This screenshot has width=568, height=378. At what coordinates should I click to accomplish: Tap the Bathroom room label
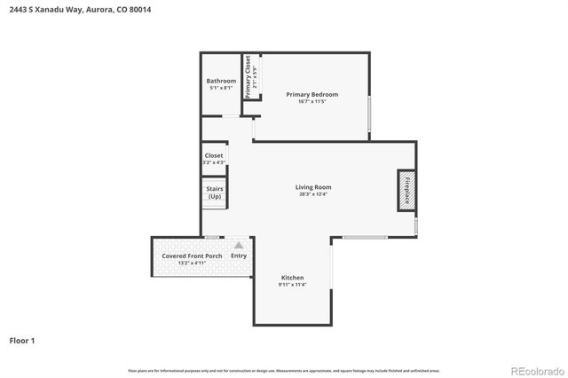pos(221,81)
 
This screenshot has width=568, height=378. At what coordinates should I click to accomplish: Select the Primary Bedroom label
pos(312,94)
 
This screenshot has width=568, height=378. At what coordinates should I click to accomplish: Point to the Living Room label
pos(313,187)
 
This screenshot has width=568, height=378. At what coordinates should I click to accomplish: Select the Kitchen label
pos(293,278)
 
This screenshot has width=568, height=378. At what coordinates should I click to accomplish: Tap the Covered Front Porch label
pos(185,256)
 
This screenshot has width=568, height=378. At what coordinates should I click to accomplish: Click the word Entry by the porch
pos(239,256)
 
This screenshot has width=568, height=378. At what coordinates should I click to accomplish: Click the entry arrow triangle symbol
pos(238,245)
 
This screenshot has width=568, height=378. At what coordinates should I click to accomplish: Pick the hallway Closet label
pos(214,155)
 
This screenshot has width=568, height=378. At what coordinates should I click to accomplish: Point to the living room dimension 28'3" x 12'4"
pos(313,195)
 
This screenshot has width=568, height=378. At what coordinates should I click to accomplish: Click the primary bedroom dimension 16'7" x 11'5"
pos(312,102)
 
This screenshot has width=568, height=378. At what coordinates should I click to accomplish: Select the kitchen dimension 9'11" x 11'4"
pos(293,285)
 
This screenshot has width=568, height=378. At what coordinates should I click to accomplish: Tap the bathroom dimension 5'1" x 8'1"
pos(221,88)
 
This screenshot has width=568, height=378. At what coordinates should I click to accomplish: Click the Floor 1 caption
pos(23,340)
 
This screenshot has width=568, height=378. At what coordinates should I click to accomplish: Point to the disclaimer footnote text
pos(284,370)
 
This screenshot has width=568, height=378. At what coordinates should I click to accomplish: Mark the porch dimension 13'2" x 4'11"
pos(185,264)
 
